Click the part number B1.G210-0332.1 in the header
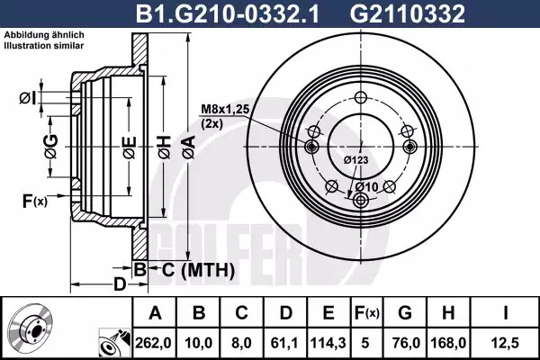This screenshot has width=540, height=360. coord(228,13)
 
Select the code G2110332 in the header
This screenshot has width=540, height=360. coord(408,13)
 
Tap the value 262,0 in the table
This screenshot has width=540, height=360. coord(153,343)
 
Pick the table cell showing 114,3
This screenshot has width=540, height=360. coord(328,343)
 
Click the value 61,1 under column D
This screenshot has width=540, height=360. coord(285,343)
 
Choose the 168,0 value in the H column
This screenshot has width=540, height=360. coord(448,343)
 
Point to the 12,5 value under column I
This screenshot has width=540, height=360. coord(505,343)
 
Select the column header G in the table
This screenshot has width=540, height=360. coord(405,313)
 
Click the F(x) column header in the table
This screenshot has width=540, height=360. coord(366,313)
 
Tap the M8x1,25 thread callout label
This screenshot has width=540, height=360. coord(225,110)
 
